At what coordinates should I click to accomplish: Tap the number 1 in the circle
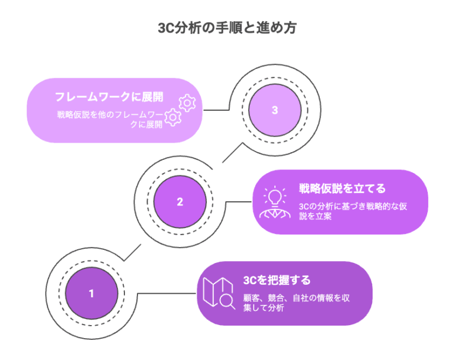click(91, 293)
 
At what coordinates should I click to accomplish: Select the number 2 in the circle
click(180, 201)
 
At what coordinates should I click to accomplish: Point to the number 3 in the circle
click(274, 110)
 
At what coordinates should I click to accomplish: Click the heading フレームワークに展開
click(109, 97)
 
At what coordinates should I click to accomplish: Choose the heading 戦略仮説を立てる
click(342, 189)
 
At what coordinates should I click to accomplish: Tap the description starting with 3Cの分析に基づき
click(354, 211)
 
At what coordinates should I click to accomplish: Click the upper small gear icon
click(187, 102)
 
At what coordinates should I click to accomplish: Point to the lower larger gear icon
click(172, 117)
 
